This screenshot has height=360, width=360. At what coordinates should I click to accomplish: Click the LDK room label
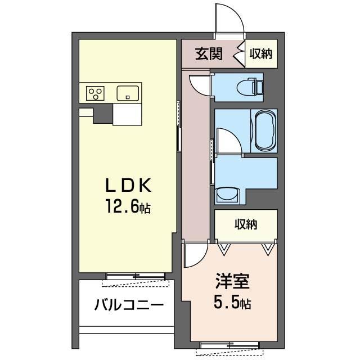(x=128, y=185)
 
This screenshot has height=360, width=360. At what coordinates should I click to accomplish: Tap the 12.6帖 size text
(x=128, y=206)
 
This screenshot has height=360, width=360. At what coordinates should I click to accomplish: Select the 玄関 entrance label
(x=209, y=54)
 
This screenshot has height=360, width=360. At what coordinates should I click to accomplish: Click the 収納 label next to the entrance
(x=261, y=54)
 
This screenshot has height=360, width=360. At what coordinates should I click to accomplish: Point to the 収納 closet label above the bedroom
(x=246, y=224)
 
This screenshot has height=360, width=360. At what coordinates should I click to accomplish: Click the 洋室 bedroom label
(x=232, y=281)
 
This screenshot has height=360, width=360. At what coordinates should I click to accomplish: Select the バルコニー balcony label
(x=129, y=305)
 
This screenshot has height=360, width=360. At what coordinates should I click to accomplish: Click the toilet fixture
(x=250, y=87)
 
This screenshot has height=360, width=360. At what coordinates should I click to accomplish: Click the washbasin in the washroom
(x=227, y=195)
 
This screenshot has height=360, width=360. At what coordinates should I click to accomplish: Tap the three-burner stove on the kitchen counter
(x=95, y=93)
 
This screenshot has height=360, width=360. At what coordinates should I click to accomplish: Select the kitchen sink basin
(x=128, y=93)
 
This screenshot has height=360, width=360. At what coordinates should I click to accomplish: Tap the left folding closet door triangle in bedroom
(x=224, y=250)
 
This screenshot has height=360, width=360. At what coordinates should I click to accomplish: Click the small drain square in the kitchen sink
(x=128, y=97)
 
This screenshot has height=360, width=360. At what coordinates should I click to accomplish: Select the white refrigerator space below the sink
(x=127, y=114)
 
